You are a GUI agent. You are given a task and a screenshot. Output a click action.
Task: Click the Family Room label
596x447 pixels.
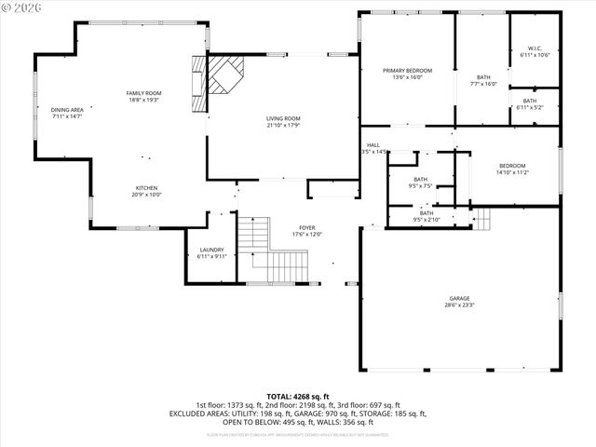[x=144, y=97]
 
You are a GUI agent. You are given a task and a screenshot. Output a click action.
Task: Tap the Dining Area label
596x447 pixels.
[x=67, y=114]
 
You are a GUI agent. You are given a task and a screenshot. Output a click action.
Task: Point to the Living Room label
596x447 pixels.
[x=283, y=122]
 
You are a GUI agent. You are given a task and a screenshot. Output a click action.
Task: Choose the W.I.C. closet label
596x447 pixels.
[x=535, y=52]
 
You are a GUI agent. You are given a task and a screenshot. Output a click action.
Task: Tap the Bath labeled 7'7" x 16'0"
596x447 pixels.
[x=482, y=81]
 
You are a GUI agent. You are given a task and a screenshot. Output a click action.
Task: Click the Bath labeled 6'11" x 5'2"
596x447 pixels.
[x=529, y=104]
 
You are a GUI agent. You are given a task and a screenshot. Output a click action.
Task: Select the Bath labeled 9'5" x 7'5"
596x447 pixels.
[x=421, y=183]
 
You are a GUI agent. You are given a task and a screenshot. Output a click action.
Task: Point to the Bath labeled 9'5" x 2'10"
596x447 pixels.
[x=427, y=216]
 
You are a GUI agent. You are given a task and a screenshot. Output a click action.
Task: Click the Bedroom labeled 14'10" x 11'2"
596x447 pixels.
[x=511, y=169]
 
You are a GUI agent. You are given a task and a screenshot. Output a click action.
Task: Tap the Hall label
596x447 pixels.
[x=373, y=148]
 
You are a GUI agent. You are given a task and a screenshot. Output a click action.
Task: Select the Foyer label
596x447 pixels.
[x=306, y=230]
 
